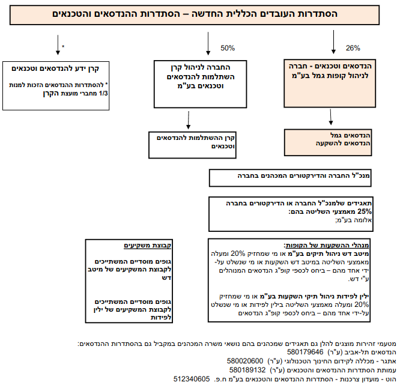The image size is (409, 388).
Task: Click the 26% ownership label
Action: (x=353, y=48)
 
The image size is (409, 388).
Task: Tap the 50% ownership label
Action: (x=228, y=48)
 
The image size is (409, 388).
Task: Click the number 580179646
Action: (x=305, y=352)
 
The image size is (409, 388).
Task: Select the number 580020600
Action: (x=244, y=361)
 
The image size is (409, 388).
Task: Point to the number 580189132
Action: (x=247, y=370)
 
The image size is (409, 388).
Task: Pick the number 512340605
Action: (x=192, y=379)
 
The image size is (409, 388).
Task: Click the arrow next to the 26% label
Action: (x=333, y=42)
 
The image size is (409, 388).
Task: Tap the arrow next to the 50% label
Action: (x=208, y=44)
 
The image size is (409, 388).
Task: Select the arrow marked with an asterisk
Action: (x=58, y=45)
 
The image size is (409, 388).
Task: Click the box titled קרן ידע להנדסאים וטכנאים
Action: (x=56, y=86)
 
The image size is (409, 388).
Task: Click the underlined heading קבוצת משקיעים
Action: (x=147, y=245)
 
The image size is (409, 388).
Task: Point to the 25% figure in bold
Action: (x=365, y=211)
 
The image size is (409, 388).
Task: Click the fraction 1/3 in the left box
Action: (x=103, y=94)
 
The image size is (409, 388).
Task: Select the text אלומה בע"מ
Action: (x=353, y=220)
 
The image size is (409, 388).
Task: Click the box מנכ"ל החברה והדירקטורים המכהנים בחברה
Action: (x=290, y=178)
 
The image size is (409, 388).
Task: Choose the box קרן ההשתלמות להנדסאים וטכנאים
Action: (x=193, y=145)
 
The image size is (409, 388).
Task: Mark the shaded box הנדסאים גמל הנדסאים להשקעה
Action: (x=328, y=142)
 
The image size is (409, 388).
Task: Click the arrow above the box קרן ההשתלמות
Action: (x=189, y=120)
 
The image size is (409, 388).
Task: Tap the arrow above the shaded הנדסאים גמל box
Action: (x=331, y=117)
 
